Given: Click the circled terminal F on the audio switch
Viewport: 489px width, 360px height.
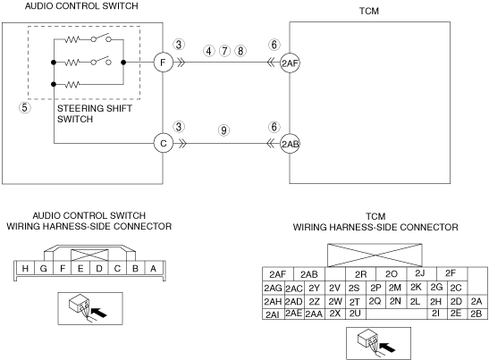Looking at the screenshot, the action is point(163,63).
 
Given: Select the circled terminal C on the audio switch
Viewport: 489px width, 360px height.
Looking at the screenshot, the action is point(163,144).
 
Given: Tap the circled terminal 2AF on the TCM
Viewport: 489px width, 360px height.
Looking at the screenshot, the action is point(290,63).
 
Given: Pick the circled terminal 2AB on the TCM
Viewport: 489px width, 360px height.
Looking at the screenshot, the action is point(290,144).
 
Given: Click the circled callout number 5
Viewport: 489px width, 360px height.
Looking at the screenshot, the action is point(25,108).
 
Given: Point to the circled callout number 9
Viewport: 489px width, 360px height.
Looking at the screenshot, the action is point(223,130).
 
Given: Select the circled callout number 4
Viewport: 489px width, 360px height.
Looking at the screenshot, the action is point(208,51).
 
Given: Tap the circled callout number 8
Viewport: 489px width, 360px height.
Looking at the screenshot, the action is point(240,51).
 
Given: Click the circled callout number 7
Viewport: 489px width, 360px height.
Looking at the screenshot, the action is point(224,51).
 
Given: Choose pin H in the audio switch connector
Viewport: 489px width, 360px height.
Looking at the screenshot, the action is point(25,268).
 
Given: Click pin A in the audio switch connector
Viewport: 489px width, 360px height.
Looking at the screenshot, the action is point(153,268).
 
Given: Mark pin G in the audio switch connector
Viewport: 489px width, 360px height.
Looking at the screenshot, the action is point(44,268).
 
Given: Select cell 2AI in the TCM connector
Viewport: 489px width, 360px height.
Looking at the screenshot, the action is point(274,314).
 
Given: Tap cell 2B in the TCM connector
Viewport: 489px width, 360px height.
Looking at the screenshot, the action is point(476,314).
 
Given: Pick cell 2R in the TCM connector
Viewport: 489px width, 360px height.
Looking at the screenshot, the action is point(361,274).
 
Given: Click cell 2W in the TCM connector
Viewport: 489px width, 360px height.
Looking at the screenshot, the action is point(335,301).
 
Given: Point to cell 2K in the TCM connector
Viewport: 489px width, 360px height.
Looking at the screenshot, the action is point(416,287).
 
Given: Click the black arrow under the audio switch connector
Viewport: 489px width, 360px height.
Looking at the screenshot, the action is point(98,313).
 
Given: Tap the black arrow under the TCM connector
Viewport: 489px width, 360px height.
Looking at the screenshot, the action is point(387,347).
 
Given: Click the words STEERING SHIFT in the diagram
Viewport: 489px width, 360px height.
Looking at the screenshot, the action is point(95,108).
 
